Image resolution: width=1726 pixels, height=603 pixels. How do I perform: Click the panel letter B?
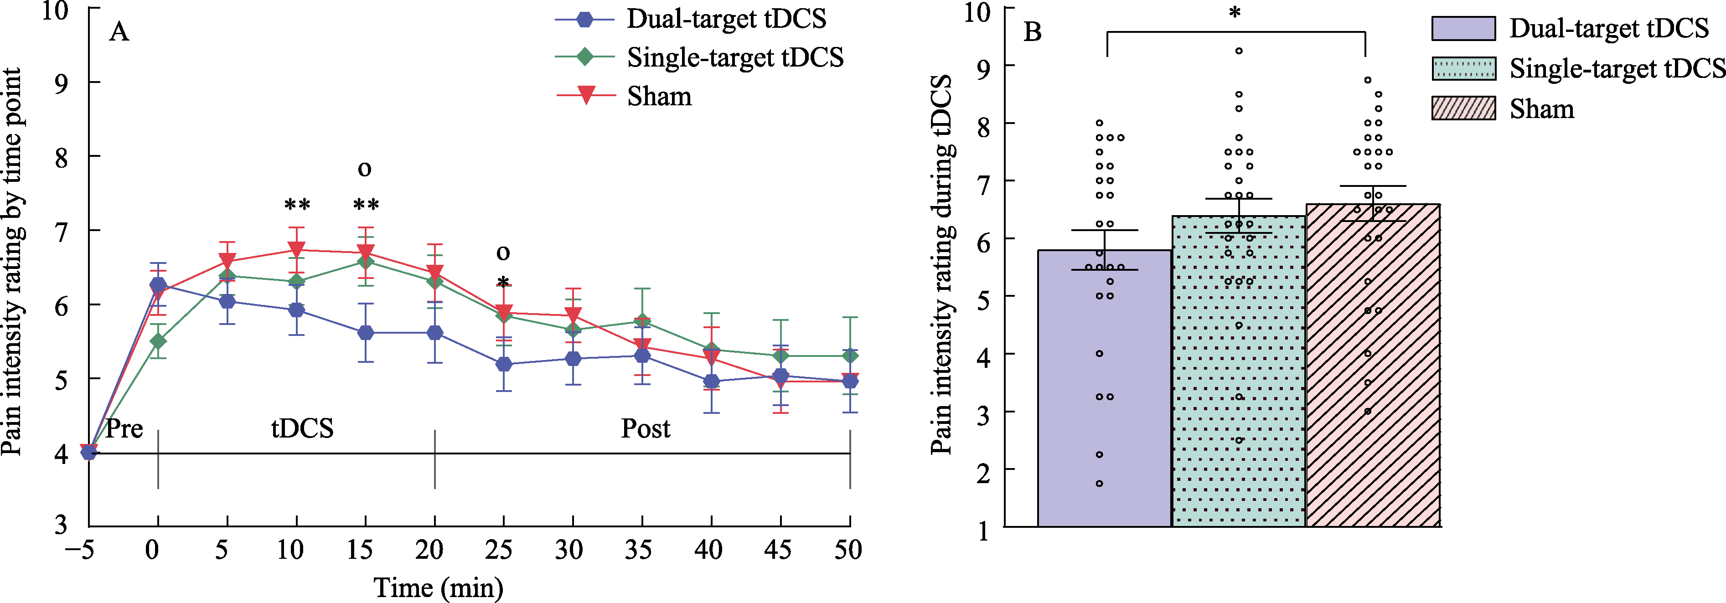(x=1033, y=31)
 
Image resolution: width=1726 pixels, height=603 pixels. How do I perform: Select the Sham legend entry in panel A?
(x=659, y=97)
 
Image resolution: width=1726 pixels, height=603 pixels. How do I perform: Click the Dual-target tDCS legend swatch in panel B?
(x=1463, y=28)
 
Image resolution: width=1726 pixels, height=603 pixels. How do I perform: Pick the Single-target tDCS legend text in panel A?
(x=735, y=57)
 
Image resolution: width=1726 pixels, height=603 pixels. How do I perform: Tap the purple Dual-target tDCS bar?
(x=1104, y=402)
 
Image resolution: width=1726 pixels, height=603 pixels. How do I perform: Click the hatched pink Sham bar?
(x=1373, y=402)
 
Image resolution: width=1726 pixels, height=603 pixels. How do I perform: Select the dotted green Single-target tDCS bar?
(x=1238, y=402)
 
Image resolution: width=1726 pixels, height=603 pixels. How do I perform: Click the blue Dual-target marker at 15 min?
(x=365, y=333)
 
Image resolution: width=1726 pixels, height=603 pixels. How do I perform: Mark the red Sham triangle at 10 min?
(x=296, y=250)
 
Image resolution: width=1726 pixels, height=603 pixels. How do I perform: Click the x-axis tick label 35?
(x=638, y=550)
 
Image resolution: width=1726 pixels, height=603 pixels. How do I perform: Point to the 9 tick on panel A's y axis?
(x=61, y=83)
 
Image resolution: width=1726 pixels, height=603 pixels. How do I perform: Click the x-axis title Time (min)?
(x=438, y=588)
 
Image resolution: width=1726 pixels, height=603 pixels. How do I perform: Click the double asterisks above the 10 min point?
(x=297, y=204)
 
